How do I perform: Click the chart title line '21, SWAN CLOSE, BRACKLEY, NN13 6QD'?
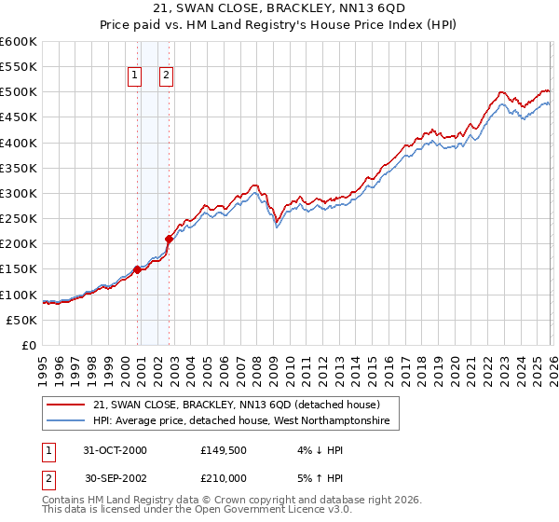(x=279, y=8)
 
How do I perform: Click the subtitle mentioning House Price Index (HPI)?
(x=279, y=25)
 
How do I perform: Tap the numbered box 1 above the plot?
(x=135, y=76)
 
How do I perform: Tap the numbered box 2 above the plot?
(x=166, y=76)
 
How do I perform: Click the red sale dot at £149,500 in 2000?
(x=138, y=269)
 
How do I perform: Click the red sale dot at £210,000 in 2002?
(x=170, y=239)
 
